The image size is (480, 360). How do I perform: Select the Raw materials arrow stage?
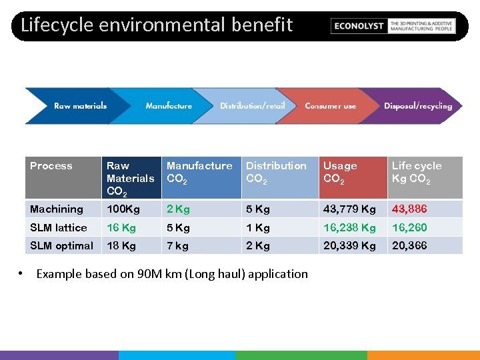click(x=80, y=106)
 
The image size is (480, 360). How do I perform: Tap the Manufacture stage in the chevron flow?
click(x=169, y=106)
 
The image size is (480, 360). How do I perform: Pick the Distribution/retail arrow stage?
click(x=252, y=106)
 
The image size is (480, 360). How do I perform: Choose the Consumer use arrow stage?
click(x=330, y=106)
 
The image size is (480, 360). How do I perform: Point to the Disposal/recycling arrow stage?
click(x=417, y=106)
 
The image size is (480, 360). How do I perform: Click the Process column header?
click(x=51, y=166)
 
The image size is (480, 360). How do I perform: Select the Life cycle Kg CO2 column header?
click(x=417, y=172)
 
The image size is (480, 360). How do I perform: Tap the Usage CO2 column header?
click(x=340, y=172)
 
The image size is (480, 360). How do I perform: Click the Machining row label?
click(x=57, y=209)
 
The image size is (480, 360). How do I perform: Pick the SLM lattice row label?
click(x=59, y=227)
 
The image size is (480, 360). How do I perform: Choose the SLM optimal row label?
click(x=61, y=245)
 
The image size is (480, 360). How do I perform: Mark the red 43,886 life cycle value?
click(x=409, y=209)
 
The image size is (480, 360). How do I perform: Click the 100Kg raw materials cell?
click(x=123, y=209)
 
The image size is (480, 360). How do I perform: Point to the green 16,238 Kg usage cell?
click(x=349, y=227)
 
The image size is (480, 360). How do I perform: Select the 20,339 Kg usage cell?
click(x=349, y=245)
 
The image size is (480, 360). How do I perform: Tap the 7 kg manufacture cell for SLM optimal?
click(x=177, y=245)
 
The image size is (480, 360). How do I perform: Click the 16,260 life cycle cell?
click(x=409, y=227)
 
